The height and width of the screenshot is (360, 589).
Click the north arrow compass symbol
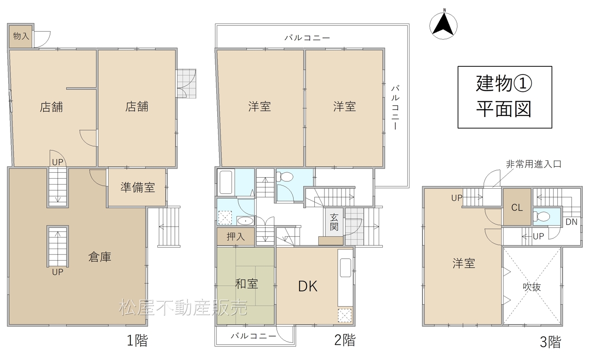coord(443,25)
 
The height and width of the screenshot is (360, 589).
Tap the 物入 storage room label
coord(21,36)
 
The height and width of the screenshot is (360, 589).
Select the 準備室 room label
coord(138,187)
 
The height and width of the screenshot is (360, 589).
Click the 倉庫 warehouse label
coord(100,257)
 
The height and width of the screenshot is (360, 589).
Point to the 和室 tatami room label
coord(246,284)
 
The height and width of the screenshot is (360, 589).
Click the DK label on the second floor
coord(308,286)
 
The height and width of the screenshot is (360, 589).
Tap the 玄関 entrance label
coord(334,222)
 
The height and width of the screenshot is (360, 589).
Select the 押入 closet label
coord(236,237)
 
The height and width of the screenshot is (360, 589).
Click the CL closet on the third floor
coord(517,208)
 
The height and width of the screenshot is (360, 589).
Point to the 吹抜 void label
coord(531,287)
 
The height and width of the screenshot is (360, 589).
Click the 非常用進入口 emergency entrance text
coord(533,164)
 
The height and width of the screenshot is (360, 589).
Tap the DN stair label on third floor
coord(572,222)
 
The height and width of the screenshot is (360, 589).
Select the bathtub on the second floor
coord(225,182)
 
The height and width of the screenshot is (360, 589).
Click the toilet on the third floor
coord(542,216)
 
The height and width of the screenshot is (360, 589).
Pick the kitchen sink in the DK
coord(345,267)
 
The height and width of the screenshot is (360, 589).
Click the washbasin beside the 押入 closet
coord(245,221)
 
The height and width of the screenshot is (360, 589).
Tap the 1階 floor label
coord(137,340)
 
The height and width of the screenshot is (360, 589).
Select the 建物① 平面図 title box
coord(505,97)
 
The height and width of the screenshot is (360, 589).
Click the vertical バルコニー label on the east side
coord(395,107)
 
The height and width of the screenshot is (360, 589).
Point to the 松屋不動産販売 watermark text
coord(183,307)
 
